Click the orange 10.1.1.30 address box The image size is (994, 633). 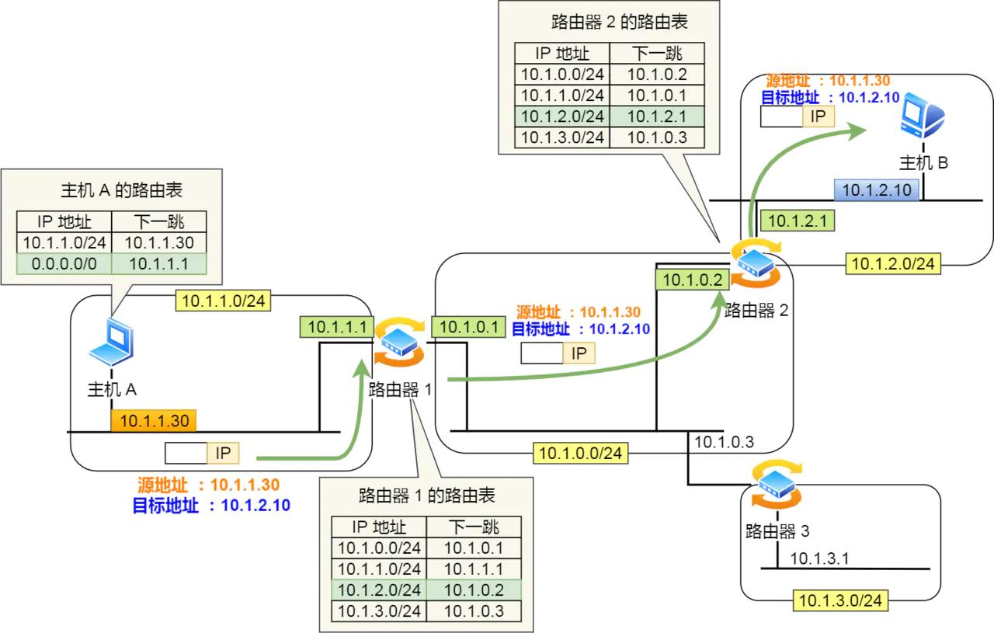pos(153,421)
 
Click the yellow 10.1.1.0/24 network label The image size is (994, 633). pos(224,301)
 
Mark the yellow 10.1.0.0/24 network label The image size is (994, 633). pos(581,453)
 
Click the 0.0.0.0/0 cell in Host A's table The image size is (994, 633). pos(63,263)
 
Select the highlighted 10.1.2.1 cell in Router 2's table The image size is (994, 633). pos(657,117)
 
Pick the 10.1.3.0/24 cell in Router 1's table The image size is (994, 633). pos(379,611)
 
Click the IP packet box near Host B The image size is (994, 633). pos(797,117)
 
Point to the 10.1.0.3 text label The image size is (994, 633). pos(723,442)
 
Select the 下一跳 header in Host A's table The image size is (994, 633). pos(158,221)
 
